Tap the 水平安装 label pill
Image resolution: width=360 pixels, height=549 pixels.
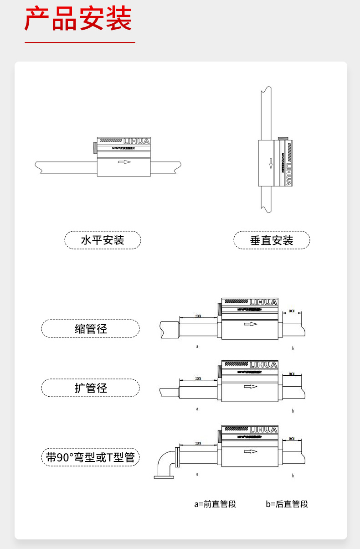click(103, 240)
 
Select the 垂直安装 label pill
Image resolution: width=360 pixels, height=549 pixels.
click(272, 240)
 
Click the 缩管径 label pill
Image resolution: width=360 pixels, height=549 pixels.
click(90, 328)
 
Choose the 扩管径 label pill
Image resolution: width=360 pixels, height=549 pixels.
click(90, 388)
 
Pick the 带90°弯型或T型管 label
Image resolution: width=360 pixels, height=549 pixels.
click(90, 457)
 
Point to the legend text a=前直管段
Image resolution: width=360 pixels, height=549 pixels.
click(215, 504)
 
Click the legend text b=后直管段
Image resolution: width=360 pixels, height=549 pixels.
click(287, 504)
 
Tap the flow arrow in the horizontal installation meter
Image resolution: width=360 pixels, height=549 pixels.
click(123, 162)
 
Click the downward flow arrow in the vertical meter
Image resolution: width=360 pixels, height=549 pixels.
click(270, 163)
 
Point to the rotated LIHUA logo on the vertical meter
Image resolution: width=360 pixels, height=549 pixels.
click(288, 172)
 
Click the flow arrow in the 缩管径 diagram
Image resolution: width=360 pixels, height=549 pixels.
click(251, 324)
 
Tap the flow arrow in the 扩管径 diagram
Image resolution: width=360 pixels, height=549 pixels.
click(251, 387)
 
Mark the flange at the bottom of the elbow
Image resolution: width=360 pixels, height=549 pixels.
click(164, 477)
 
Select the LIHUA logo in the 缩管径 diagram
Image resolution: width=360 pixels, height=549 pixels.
click(263, 302)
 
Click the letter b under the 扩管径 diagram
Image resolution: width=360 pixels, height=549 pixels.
click(293, 411)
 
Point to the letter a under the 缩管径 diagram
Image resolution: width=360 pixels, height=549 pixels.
click(197, 346)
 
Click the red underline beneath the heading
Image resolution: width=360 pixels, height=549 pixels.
click(80, 42)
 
